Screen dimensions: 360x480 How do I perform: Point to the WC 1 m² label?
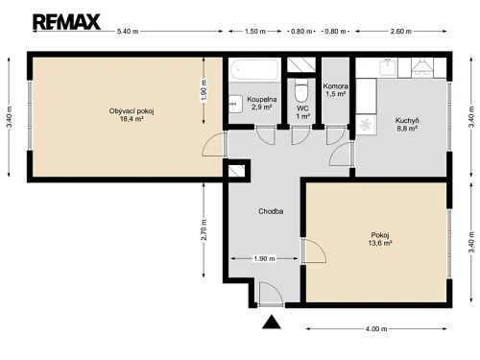click(x=302, y=112)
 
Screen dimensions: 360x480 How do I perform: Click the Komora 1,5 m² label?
click(x=335, y=90)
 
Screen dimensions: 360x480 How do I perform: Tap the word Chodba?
click(x=270, y=211)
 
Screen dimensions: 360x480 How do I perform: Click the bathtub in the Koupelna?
click(x=254, y=69)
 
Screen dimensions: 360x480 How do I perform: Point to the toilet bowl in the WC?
click(x=302, y=92)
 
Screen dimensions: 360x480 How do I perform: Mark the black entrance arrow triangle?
click(x=272, y=324)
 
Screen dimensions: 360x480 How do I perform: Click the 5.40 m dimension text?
click(x=128, y=32)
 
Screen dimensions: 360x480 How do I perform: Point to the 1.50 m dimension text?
click(x=254, y=32)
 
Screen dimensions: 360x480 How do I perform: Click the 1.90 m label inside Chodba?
click(x=264, y=257)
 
